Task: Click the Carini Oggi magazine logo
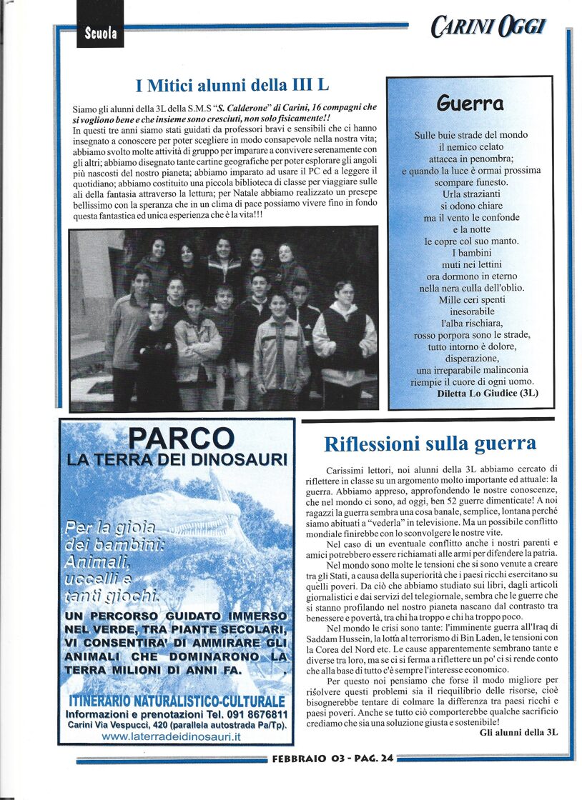point(488,28)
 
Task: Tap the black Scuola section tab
point(100,32)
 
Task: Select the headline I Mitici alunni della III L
point(232,86)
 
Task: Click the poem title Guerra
point(470,104)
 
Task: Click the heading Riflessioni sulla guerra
point(430,444)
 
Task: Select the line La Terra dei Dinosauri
point(177,459)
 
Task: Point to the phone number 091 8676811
point(253,714)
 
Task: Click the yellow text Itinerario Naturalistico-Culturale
point(176,700)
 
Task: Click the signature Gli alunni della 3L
point(518,732)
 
